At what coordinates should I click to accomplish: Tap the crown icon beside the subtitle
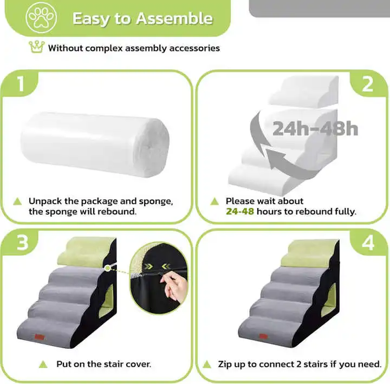click(36, 47)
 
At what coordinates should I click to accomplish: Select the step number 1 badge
click(20, 84)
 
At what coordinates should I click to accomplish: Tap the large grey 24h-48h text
click(315, 129)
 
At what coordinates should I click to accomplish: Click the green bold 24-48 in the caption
click(239, 211)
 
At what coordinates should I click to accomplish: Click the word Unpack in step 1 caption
click(45, 201)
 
